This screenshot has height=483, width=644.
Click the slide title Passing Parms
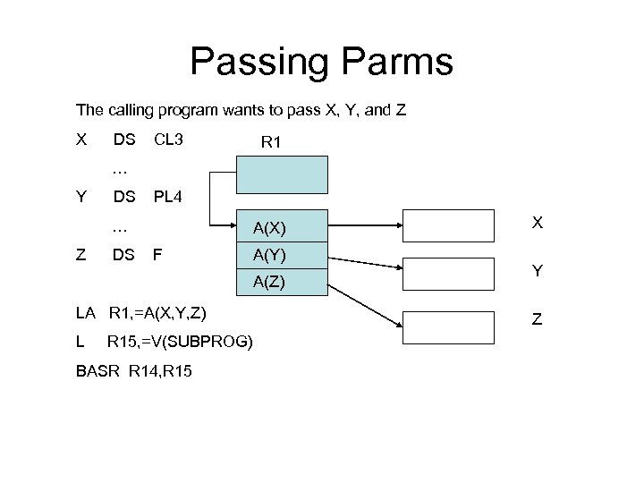click(321, 63)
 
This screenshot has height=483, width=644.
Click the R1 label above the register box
click(271, 141)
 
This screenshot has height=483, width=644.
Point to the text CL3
click(169, 140)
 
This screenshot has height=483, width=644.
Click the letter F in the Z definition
click(158, 254)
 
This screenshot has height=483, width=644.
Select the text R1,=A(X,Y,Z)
click(157, 312)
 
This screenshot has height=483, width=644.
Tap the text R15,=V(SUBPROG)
click(180, 341)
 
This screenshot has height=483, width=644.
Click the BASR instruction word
click(96, 369)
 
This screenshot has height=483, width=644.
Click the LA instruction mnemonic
click(86, 312)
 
